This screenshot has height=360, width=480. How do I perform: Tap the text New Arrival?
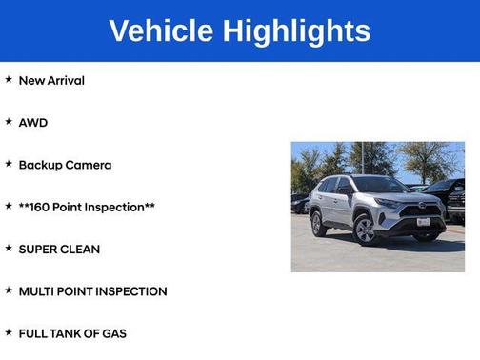[x=51, y=81]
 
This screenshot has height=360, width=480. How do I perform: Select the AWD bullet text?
[x=32, y=123]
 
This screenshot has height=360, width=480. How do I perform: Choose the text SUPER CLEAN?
[x=59, y=250]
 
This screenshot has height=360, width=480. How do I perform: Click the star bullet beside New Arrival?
[x=9, y=80]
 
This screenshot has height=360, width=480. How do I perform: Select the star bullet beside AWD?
[x=9, y=122]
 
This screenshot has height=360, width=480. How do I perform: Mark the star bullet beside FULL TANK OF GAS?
[x=9, y=332]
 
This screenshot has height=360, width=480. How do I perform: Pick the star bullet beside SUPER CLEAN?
[x=9, y=249]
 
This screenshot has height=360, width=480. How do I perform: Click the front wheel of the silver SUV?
[x=365, y=229]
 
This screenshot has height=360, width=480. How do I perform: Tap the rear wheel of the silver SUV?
[x=319, y=224]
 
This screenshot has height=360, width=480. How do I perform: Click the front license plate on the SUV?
[x=422, y=222]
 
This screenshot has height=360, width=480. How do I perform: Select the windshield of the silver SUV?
[x=382, y=185]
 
